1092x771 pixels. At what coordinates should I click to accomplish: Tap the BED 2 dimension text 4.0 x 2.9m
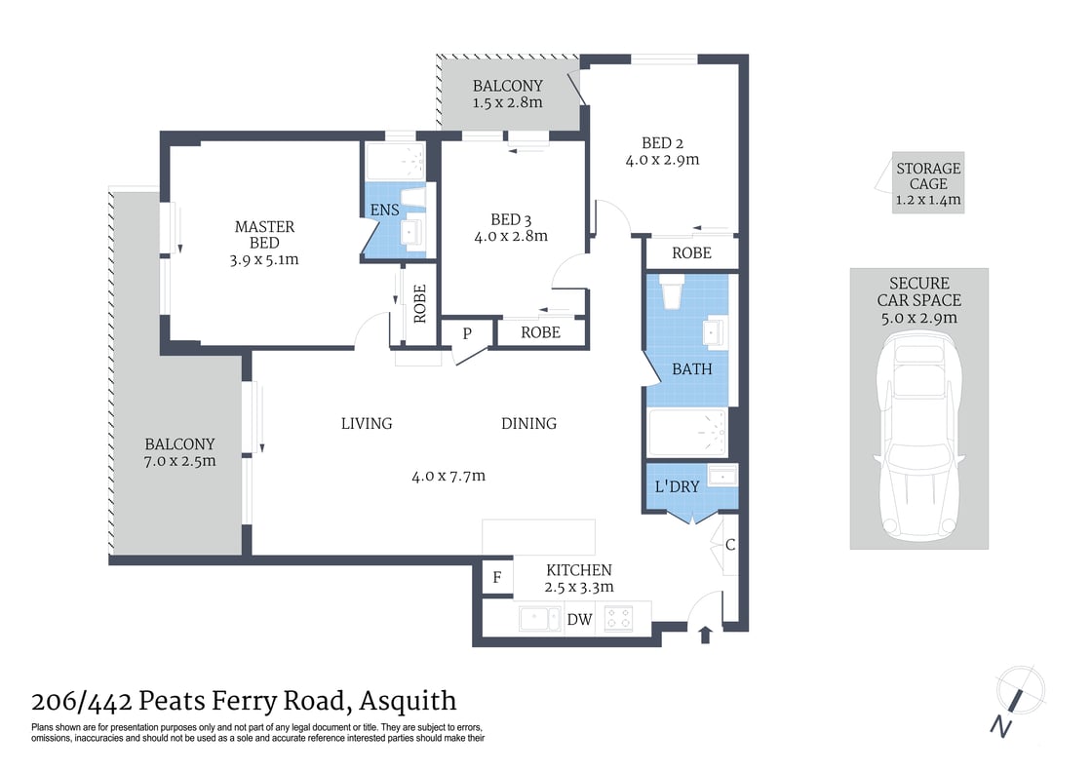(662, 160)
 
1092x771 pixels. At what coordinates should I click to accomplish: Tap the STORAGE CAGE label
(928, 176)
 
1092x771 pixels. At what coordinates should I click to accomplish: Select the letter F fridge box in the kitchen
(497, 577)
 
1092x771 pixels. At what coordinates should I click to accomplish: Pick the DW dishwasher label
(579, 619)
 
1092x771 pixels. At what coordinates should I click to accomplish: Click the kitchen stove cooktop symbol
(618, 618)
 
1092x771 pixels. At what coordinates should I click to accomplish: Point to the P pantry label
(467, 332)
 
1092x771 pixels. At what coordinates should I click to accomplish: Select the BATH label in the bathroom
(691, 369)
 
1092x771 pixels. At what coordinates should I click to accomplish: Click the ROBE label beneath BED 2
(691, 252)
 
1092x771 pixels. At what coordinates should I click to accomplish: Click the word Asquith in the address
(408, 701)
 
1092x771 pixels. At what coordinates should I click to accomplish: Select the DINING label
(528, 423)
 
